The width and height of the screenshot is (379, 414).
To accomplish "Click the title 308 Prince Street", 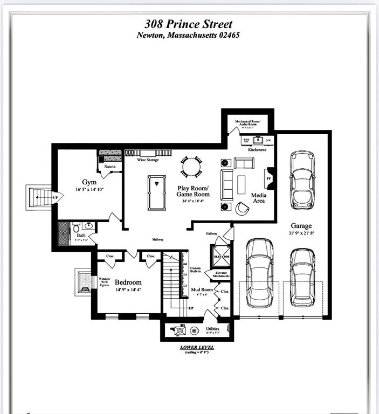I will click(189, 24).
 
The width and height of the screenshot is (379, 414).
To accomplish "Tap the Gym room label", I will click(89, 182).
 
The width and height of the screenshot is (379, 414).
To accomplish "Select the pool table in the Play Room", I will click(157, 192).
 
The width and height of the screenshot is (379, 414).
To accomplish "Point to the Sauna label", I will click(110, 167).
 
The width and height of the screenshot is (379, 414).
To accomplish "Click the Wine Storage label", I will click(147, 160).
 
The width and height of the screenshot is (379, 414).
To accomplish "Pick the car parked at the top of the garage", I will click(302, 180).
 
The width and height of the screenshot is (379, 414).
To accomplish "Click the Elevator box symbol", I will click(222, 257).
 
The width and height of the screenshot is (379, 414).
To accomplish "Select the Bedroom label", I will click(128, 282).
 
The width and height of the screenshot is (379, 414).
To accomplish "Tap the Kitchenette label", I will click(257, 149).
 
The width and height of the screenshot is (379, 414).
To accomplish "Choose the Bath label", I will click(81, 236).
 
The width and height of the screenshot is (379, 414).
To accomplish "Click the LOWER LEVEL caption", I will click(197, 348).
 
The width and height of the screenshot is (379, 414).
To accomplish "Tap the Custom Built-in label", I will click(195, 270).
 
